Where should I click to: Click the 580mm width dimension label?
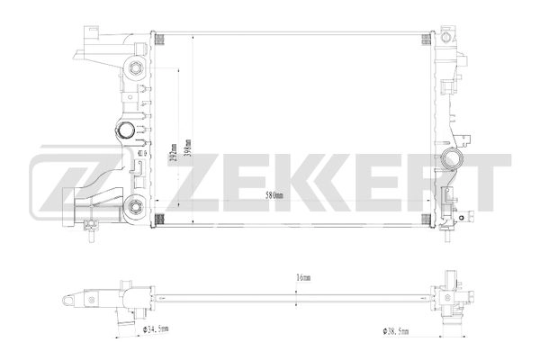[274, 195]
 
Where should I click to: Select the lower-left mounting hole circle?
[134, 205]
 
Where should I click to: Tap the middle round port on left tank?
[127, 131]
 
